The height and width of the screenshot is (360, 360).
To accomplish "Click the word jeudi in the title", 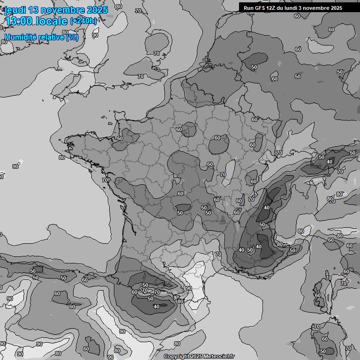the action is (x=15, y=10).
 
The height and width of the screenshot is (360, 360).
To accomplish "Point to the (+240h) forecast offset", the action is (x=83, y=21).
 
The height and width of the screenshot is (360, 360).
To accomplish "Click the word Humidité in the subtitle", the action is (x=21, y=37).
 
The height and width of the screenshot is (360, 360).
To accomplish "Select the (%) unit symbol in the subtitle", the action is (x=72, y=37).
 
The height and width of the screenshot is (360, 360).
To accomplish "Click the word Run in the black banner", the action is (x=249, y=8).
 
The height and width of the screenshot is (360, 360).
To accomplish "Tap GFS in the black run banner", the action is (x=260, y=8).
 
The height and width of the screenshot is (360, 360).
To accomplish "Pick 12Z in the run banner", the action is (x=272, y=8).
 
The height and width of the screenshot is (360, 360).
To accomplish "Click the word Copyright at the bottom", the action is (x=177, y=357).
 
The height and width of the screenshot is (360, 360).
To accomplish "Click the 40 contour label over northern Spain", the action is (x=157, y=307).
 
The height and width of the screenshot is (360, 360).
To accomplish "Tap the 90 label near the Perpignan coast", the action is (x=189, y=288).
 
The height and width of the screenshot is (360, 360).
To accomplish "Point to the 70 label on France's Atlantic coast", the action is (x=105, y=180).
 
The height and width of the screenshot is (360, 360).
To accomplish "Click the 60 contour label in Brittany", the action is (x=120, y=138).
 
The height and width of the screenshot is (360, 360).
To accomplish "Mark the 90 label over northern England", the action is (x=95, y=35).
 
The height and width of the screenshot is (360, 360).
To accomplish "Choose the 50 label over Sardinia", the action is (x=322, y=351).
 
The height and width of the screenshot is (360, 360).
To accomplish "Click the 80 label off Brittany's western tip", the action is (x=62, y=157).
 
